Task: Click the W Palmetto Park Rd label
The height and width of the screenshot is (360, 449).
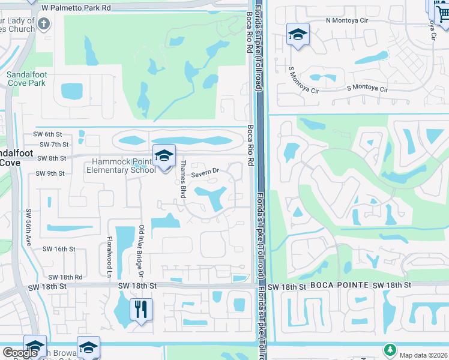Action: point(76,8)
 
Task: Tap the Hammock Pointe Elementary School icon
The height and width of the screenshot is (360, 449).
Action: point(164,157)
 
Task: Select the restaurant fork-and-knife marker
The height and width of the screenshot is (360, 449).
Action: point(141,310)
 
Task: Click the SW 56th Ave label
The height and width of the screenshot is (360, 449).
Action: point(28,227)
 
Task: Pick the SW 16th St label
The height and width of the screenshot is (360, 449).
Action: point(59,248)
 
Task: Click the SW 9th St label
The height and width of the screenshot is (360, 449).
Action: point(50,173)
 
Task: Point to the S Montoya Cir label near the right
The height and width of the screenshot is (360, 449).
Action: point(367,88)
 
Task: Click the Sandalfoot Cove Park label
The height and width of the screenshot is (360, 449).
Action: point(26,79)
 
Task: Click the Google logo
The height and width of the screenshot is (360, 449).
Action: point(20,353)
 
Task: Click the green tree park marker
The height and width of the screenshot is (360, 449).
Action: point(390,349)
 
